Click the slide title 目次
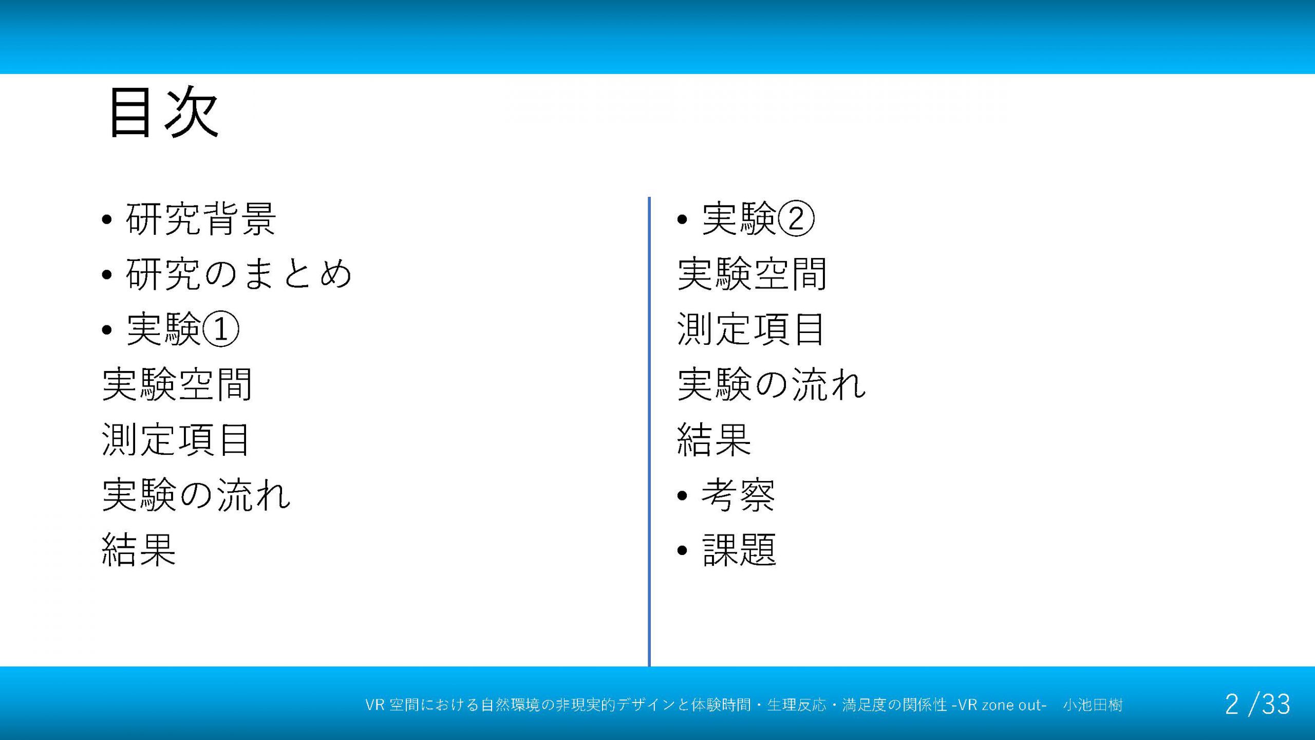point(164,112)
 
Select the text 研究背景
point(201,219)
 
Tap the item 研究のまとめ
point(239,274)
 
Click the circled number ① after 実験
point(221,329)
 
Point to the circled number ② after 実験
point(796,219)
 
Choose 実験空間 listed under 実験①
point(177,384)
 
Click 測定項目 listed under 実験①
point(176,439)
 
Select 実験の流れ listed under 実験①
point(197,495)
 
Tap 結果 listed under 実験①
point(139,550)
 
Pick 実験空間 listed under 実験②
point(753,274)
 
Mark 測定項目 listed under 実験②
point(751,329)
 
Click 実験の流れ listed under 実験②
point(772,384)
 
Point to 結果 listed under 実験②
point(715,439)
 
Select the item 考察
point(739,495)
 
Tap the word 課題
point(739,550)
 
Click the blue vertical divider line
point(649,432)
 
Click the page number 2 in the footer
point(1232,705)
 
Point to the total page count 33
point(1276,705)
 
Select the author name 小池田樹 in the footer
point(1093,705)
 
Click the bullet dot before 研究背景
point(107,220)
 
